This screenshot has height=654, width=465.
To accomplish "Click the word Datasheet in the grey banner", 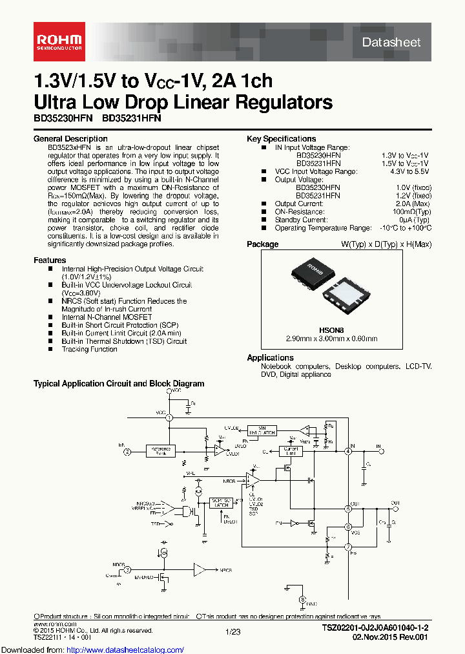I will pos(391,43).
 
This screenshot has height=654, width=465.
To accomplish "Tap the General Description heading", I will pos(70,139).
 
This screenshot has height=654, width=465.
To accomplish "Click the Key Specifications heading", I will pos(281,139).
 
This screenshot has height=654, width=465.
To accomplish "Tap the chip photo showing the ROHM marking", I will pos(313,275).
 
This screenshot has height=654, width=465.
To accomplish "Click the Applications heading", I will pos(270,358).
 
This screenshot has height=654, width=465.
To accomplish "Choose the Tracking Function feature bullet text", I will pos(89,350).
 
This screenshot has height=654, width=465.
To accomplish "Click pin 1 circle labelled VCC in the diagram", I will pos(170,418).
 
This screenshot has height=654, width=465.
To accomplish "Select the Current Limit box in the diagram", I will pos(290,451).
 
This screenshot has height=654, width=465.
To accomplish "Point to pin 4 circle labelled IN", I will pos(348,451).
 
